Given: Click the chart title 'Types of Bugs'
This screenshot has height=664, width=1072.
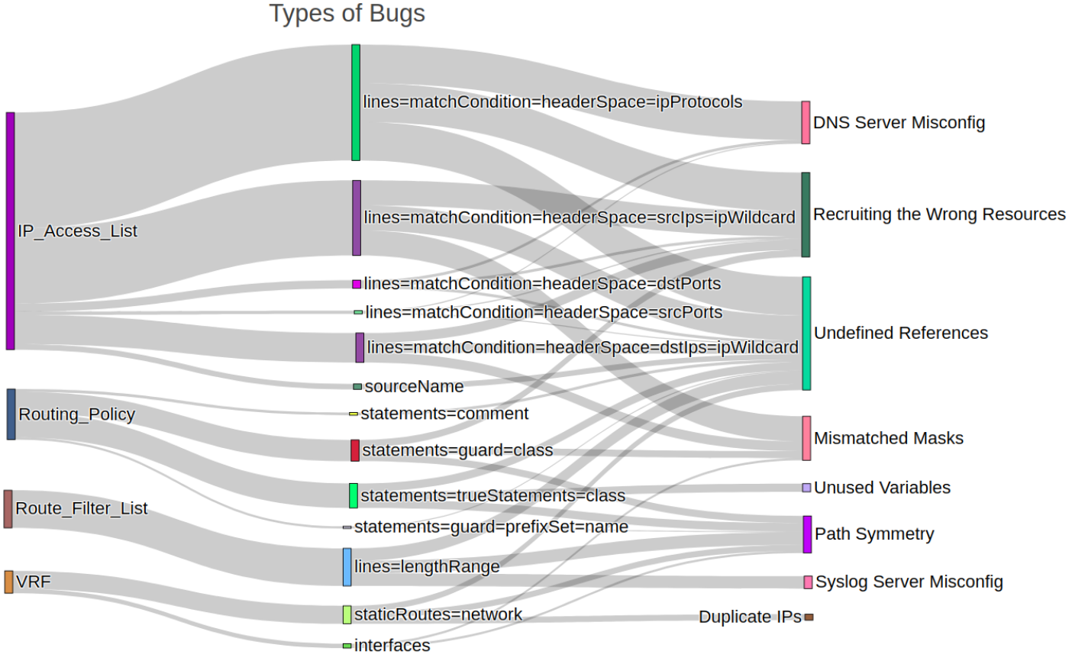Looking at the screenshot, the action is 347,13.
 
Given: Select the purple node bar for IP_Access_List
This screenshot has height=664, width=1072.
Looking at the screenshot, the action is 11,231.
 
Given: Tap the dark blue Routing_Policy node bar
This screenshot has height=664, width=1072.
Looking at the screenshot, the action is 11,414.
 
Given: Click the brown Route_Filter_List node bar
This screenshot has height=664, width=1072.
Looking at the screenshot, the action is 8,509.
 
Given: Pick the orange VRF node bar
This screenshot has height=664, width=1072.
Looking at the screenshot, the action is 8,582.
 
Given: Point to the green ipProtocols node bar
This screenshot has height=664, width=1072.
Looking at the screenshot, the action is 356,102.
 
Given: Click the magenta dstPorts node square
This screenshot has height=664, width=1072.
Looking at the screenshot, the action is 357,284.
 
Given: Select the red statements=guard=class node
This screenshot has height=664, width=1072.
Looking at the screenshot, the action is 355,450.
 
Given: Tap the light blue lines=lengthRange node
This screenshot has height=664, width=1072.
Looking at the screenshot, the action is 347,567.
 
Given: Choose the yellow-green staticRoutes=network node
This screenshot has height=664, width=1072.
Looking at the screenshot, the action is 347,614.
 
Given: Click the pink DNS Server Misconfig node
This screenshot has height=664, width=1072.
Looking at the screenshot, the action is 806,122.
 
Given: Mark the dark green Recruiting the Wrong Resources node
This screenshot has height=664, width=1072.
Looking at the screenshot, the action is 806,214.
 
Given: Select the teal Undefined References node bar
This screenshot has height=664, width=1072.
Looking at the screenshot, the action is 806,334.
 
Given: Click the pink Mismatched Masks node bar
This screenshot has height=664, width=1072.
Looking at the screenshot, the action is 806,438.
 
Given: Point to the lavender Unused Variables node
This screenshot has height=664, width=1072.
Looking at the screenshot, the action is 806,488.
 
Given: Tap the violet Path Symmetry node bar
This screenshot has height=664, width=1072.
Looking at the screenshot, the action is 807,534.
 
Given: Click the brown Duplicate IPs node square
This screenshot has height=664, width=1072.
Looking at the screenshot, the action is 809,617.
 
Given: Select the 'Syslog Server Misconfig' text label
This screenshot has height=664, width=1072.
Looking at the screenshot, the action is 909,582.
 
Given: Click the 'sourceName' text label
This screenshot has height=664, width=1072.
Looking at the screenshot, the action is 414,386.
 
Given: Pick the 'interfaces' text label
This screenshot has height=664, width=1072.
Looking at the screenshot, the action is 392,646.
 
